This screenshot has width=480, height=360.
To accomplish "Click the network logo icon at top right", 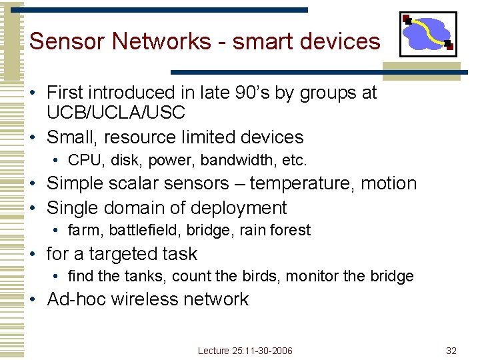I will [429, 33].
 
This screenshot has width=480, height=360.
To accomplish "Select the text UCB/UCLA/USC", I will [115, 113].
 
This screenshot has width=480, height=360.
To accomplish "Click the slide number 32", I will [451, 351].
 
